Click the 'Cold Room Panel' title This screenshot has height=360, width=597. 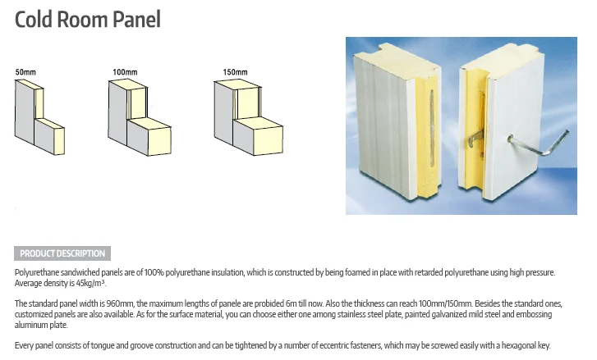(x=88, y=20)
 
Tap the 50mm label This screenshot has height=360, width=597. (x=25, y=72)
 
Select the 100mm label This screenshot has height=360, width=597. (x=125, y=72)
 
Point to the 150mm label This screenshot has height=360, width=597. (x=235, y=72)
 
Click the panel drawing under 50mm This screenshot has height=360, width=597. (x=39, y=117)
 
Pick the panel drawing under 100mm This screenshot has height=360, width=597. (x=140, y=117)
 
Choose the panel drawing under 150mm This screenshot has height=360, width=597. (x=248, y=117)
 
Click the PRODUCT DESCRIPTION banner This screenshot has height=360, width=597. (x=62, y=253)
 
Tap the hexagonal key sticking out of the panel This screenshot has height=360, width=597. (x=539, y=144)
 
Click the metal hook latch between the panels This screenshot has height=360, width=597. (x=475, y=138)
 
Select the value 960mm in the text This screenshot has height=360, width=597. (x=120, y=303)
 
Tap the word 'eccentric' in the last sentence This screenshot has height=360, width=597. (x=333, y=345)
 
